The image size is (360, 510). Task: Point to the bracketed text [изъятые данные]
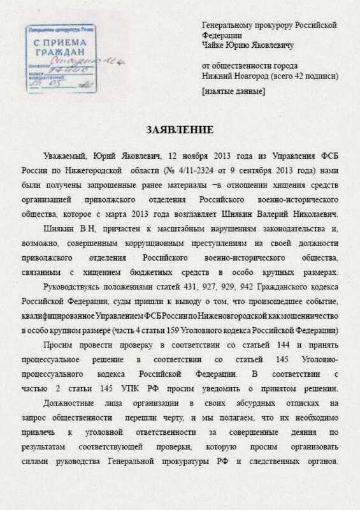tap(232, 92)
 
